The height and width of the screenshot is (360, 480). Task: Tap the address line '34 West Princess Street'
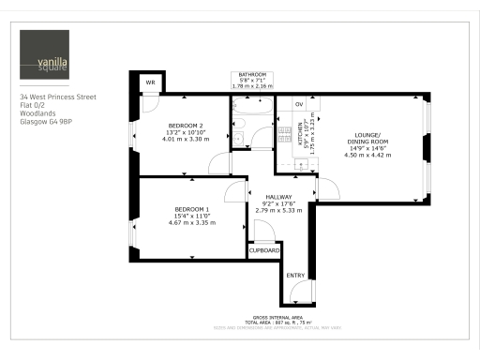pyautogui.click(x=64, y=97)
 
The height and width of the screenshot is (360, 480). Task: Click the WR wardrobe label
pyautogui.click(x=149, y=82)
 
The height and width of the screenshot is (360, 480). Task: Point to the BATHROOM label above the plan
pyautogui.click(x=252, y=74)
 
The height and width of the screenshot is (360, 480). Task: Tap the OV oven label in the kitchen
pyautogui.click(x=299, y=103)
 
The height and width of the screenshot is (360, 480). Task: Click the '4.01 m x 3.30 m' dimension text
pyautogui.click(x=186, y=139)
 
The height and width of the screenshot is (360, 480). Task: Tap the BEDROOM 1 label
pyautogui.click(x=191, y=209)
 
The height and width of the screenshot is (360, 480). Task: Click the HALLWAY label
pyautogui.click(x=278, y=197)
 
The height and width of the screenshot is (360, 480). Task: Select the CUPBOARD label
pyautogui.click(x=264, y=250)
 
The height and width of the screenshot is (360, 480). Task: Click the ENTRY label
pyautogui.click(x=295, y=275)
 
